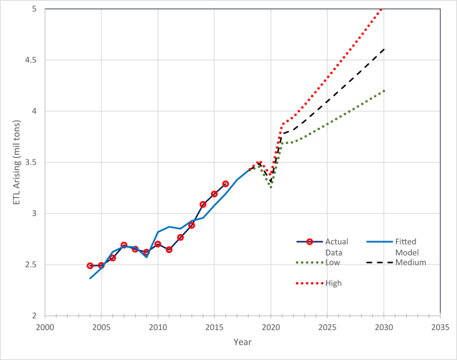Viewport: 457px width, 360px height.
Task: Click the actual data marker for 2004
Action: coord(90,266)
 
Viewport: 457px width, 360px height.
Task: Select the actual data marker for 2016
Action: coord(225,184)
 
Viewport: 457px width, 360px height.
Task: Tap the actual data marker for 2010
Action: coord(158,244)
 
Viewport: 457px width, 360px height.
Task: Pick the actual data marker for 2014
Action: coord(203,204)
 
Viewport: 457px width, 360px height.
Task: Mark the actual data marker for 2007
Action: coord(124,245)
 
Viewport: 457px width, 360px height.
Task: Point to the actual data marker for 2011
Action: coord(169,249)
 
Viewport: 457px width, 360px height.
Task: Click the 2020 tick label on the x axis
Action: coord(271,327)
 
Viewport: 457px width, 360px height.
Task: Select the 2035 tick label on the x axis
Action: coord(440,327)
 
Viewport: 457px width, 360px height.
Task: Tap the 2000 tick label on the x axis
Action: coord(45,327)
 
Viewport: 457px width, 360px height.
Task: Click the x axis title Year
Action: coord(243,342)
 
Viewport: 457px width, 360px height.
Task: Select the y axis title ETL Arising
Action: coord(17,162)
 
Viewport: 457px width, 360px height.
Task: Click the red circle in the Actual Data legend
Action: coord(310,241)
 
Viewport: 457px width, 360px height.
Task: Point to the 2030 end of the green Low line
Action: coord(384,91)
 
